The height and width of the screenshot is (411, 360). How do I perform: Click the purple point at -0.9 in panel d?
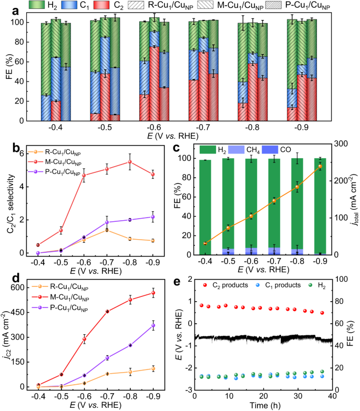point(153,325)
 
